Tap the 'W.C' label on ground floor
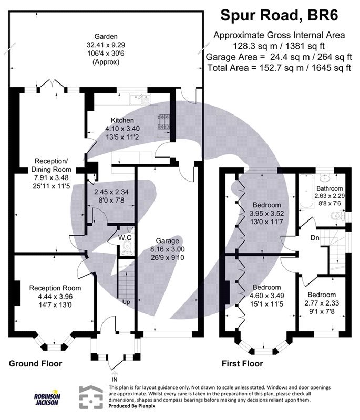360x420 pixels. pos(125,237)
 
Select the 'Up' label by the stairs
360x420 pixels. pos(126,302)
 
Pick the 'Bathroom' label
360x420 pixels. pos(329,188)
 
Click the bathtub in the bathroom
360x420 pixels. pos(304,196)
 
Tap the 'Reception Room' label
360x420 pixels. pos(55,288)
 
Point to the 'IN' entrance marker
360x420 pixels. pos(115,379)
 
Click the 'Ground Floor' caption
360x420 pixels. pos(35,363)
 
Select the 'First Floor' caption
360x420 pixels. pos(242,363)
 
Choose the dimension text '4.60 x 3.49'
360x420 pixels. pos(266,296)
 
